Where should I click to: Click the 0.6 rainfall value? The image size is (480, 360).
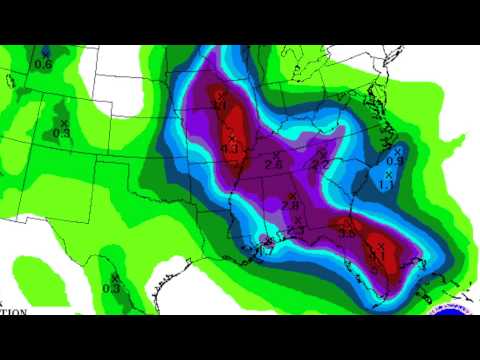(44, 64)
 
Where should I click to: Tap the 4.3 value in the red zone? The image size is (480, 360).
(230, 149)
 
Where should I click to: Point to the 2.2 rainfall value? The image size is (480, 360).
(321, 164)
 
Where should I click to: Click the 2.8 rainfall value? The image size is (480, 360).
(292, 206)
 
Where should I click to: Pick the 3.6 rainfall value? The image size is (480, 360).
(348, 233)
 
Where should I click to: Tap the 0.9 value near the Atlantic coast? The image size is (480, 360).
(394, 160)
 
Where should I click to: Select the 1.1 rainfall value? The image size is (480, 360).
(386, 183)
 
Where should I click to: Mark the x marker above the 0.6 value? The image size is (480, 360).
(45, 51)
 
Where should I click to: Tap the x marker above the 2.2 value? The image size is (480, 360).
(321, 153)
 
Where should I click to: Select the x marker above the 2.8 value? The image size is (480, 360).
(292, 195)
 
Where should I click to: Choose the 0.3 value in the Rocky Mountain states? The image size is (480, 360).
(61, 132)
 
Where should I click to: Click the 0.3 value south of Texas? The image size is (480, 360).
(111, 288)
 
